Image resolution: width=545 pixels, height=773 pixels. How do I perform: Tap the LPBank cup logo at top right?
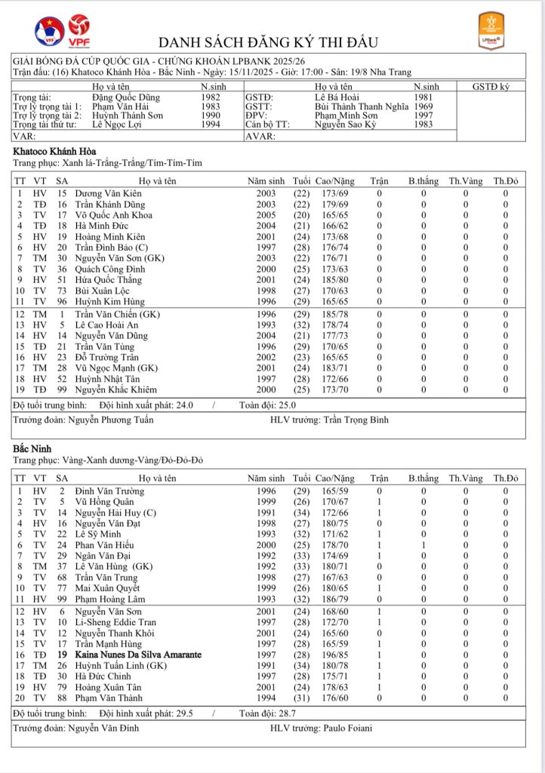click(493, 31)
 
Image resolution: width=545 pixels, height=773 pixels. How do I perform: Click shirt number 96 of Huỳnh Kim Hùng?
click(62, 300)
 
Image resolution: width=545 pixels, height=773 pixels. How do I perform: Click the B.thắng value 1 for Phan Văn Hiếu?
click(423, 544)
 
